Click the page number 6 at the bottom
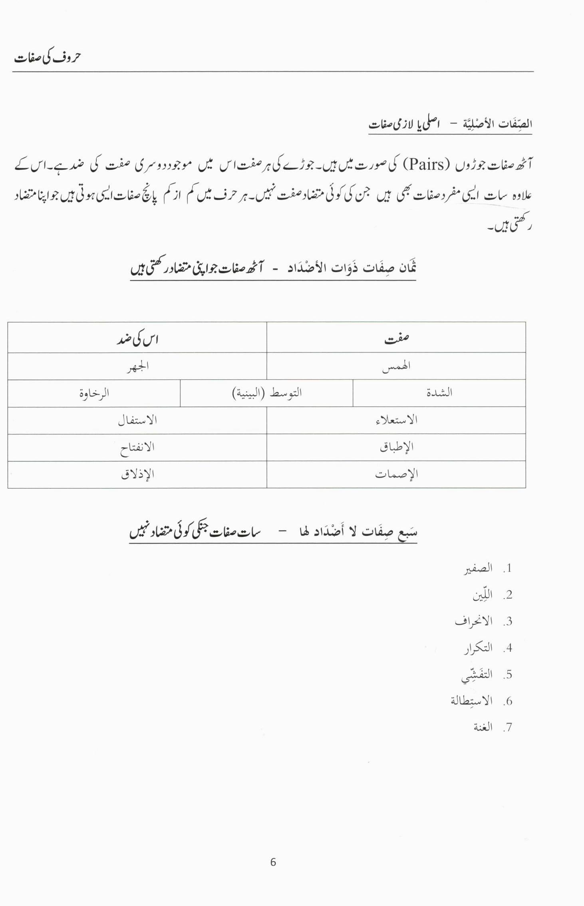click(273, 862)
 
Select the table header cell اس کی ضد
click(137, 339)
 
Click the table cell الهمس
click(396, 366)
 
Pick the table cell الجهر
click(138, 366)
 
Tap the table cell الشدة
click(439, 393)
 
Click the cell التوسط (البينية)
click(267, 393)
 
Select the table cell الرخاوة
click(94, 393)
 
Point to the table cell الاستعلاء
click(396, 420)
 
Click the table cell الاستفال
click(137, 420)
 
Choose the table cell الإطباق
click(396, 447)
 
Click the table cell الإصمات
click(396, 474)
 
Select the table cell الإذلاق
click(137, 474)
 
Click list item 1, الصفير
click(478, 569)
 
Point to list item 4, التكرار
click(478, 648)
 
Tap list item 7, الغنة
click(483, 727)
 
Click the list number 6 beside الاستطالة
click(508, 701)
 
